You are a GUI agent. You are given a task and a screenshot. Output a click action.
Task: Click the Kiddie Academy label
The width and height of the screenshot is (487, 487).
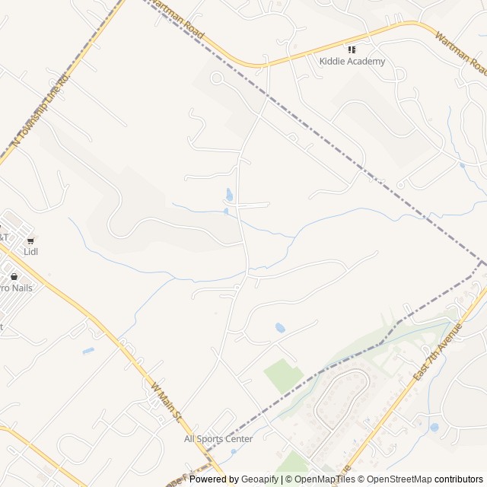coord(352,62)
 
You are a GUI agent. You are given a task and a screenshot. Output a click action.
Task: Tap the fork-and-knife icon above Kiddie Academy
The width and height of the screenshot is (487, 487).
coord(352,49)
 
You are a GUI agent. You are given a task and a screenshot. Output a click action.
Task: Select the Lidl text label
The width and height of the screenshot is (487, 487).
coord(30,252)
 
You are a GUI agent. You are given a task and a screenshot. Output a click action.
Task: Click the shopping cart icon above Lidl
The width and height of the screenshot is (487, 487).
coord(30,240)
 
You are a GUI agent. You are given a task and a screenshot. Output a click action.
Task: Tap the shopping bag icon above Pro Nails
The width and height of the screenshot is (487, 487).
coord(14,277)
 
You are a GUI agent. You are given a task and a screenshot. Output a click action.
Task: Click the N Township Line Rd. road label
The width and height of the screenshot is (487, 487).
coord(42,110)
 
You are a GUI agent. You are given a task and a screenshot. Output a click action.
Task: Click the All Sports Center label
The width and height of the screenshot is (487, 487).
coord(218,439)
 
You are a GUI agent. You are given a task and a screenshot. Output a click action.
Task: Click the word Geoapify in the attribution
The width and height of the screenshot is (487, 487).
coord(260,479)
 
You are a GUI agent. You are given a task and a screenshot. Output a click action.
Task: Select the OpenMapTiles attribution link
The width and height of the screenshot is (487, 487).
coord(325,479)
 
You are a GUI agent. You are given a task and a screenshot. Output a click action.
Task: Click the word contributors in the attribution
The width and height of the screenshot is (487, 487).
coord(459,479)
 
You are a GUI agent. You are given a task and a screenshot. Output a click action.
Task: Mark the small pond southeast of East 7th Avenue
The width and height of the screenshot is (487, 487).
coord(434,428)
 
